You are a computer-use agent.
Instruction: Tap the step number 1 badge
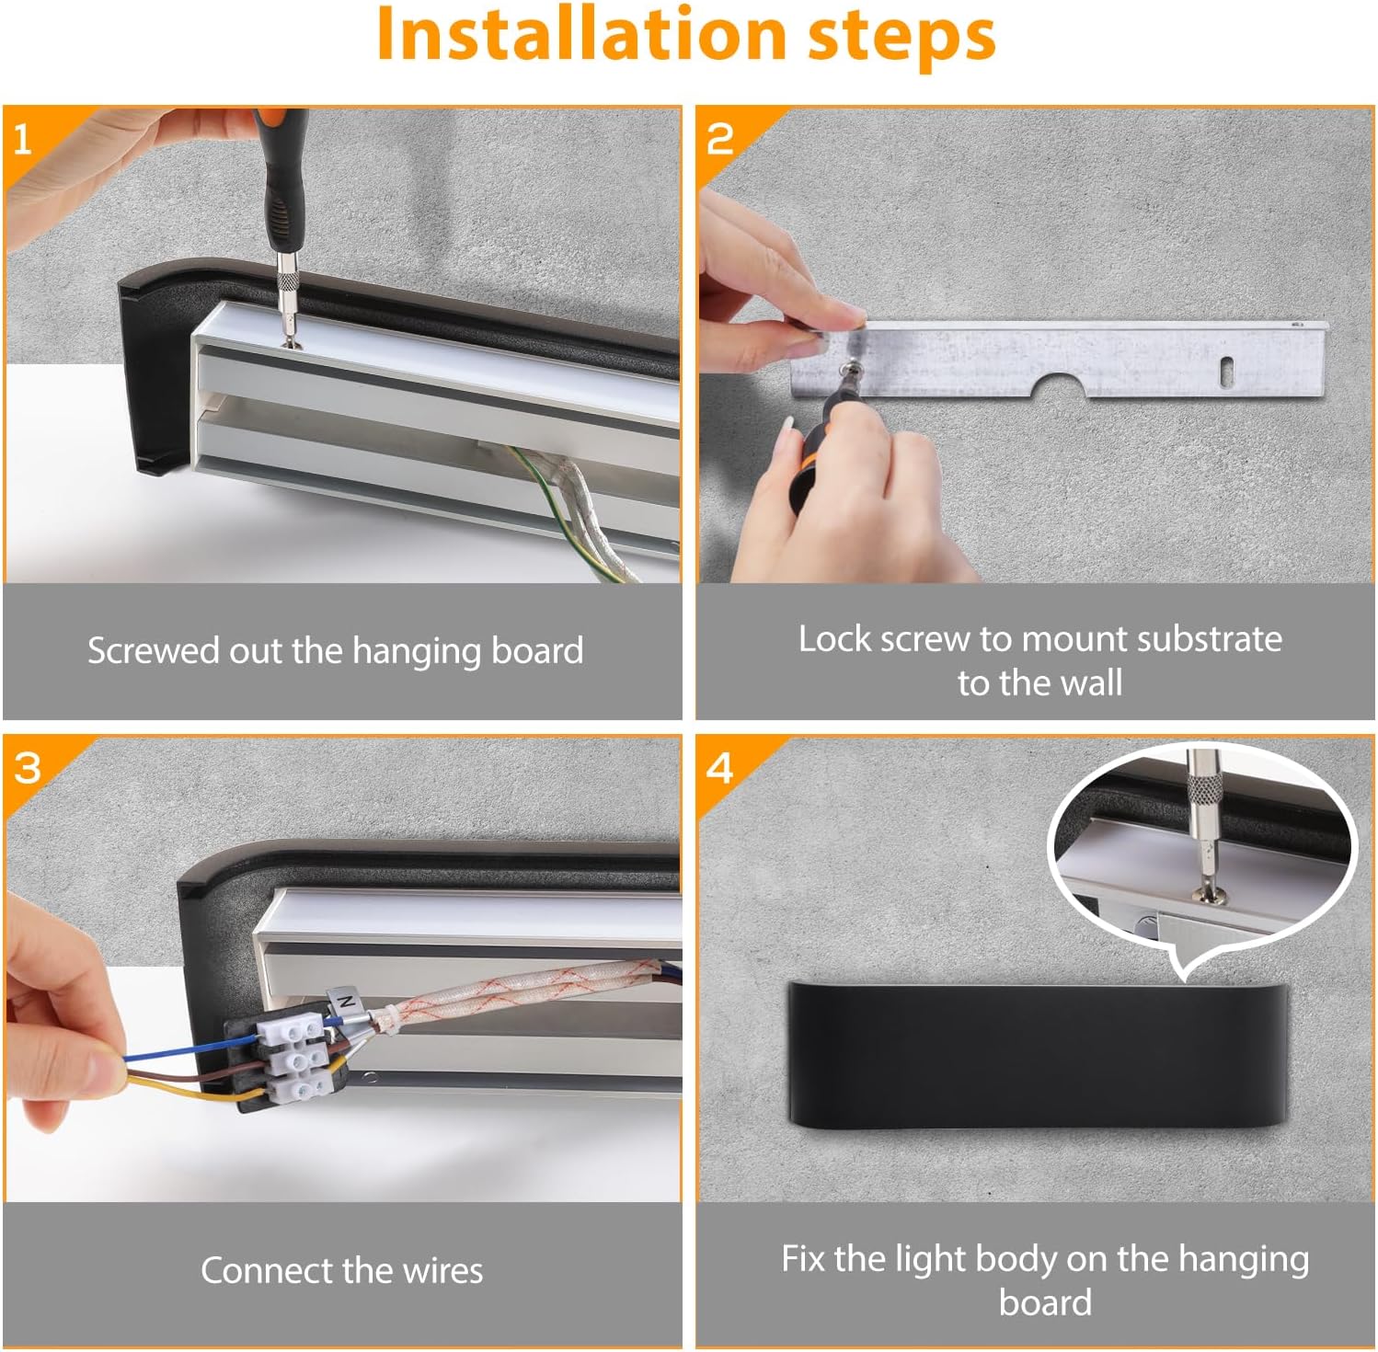click(x=23, y=140)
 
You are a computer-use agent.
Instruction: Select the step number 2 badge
click(x=719, y=139)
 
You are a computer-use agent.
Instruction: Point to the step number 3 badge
click(x=28, y=768)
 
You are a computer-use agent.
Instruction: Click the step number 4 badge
click(x=719, y=768)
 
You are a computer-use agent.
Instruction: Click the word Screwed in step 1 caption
click(x=153, y=650)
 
